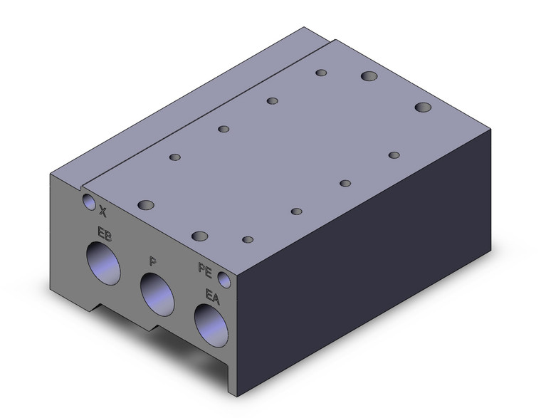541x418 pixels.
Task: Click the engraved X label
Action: tap(103, 211)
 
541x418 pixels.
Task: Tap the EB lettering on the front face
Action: tap(105, 234)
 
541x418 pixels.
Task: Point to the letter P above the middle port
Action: tap(153, 261)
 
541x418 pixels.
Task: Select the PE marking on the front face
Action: tap(205, 270)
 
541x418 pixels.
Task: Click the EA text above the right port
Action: tap(213, 296)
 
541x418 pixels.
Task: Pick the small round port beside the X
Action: tap(89, 202)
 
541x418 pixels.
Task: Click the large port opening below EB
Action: tap(103, 263)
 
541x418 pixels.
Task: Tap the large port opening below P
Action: tap(157, 294)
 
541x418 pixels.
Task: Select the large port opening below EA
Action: tap(211, 325)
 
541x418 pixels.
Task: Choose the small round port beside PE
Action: tap(224, 280)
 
